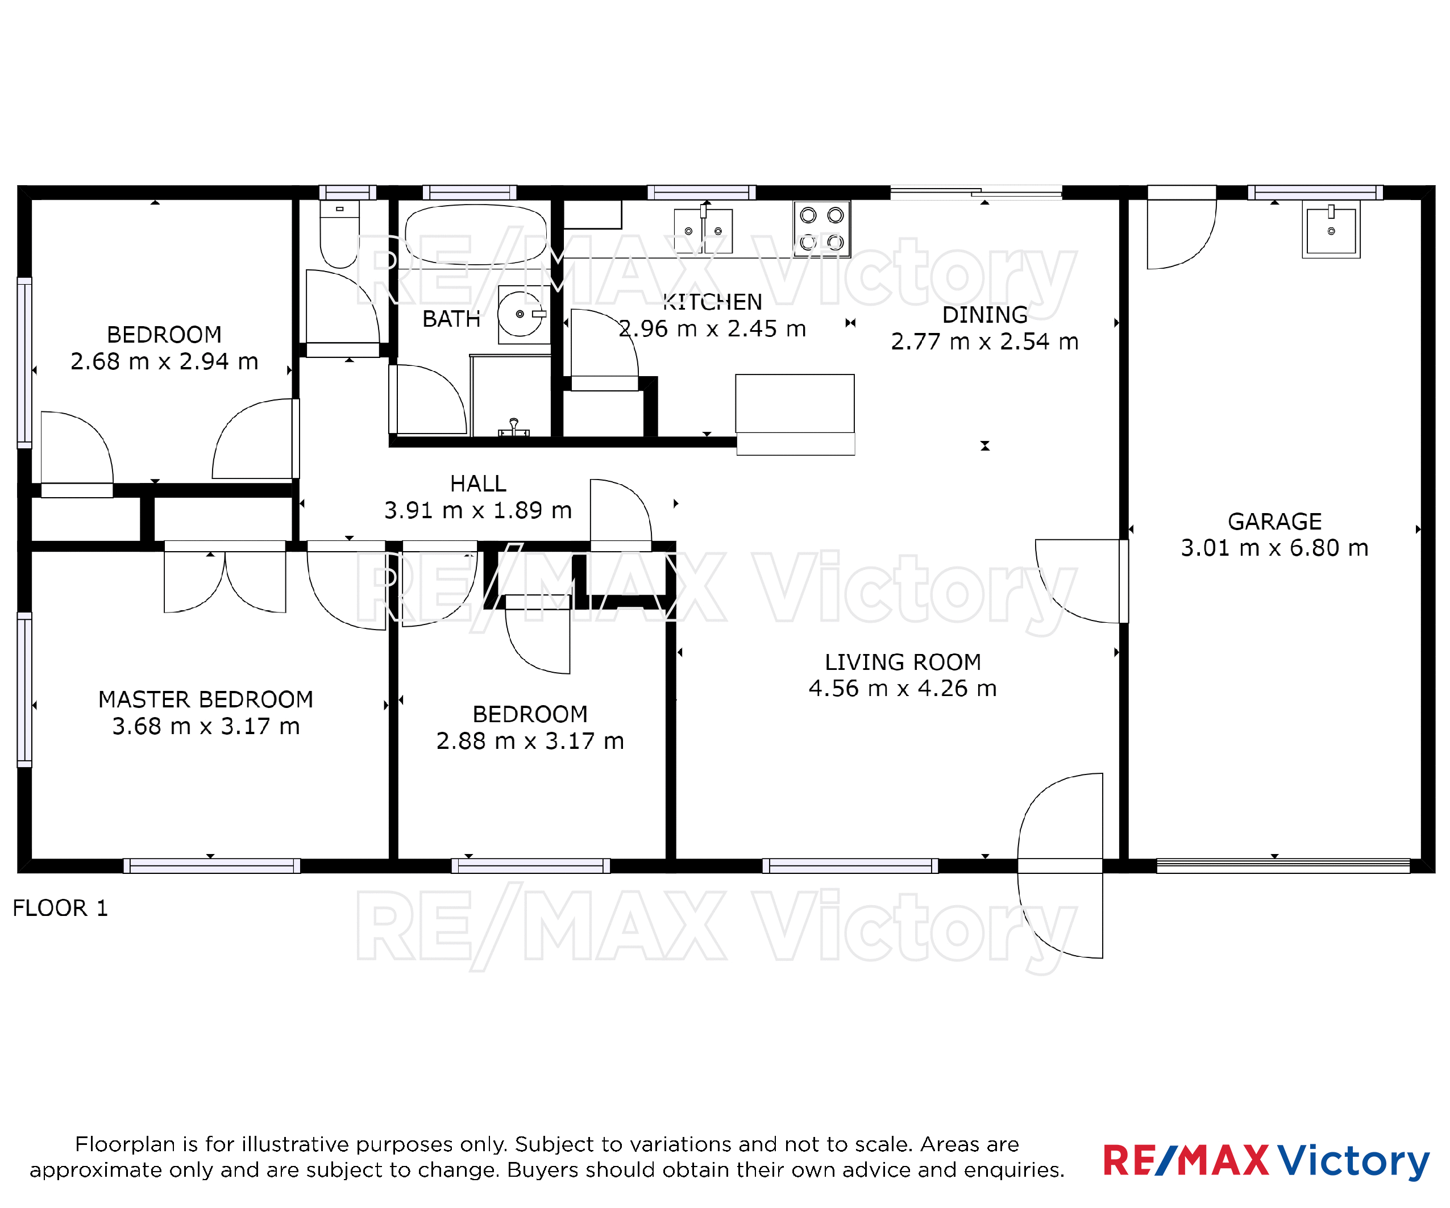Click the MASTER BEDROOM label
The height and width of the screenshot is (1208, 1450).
[206, 699]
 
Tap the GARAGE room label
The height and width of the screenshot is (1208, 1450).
[1274, 521]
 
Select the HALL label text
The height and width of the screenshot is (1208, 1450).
[479, 483]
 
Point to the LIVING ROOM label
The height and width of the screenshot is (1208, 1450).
[903, 662]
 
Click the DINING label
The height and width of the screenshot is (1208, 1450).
[984, 315]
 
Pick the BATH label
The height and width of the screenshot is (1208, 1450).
[451, 319]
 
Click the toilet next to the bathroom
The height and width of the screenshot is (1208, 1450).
[339, 234]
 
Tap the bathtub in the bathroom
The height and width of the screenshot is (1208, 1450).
[476, 235]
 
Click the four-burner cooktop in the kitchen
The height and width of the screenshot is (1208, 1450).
[822, 229]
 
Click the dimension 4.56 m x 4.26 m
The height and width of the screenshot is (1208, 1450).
[903, 688]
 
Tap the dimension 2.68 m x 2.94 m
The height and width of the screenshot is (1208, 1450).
[164, 361]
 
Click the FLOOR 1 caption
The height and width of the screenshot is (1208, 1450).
[61, 908]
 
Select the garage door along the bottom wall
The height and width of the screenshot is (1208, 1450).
[1283, 865]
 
